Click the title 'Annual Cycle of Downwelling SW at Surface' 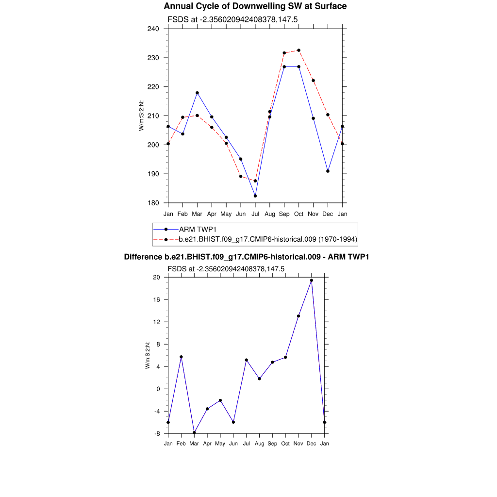pos(255,6)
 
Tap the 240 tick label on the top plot pos(153,29)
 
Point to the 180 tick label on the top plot pos(153,203)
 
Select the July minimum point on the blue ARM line pos(255,196)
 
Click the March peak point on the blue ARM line pos(197,93)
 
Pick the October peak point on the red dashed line pos(298,50)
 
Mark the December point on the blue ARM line pos(328,171)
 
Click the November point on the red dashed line pos(313,81)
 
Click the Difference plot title pos(247,256)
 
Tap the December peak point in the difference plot pos(312,280)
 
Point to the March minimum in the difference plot pos(194,432)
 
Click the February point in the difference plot pos(181,357)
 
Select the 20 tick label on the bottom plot pos(156,277)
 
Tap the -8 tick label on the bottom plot pos(157,433)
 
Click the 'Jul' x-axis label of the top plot pos(255,214)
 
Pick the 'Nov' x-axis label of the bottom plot pos(298,444)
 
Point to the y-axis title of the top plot pos(141,116)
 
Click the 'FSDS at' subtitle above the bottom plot pos(226,268)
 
